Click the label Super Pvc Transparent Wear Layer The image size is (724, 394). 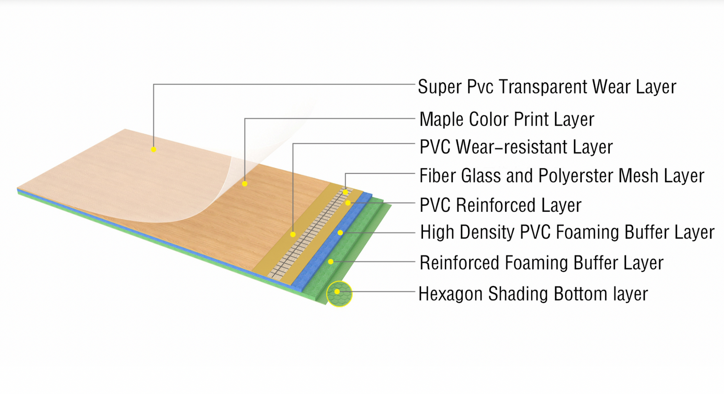[x=547, y=87]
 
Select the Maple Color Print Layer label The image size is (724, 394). [x=506, y=120]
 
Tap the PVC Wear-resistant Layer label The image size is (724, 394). [x=516, y=147]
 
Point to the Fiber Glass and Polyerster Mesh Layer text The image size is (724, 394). [x=561, y=176]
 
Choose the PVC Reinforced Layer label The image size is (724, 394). [x=500, y=206]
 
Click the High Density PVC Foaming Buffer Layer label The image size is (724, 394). [x=567, y=232]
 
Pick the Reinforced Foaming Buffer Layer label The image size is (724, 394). [x=541, y=263]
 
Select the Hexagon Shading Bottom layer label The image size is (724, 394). [x=533, y=294]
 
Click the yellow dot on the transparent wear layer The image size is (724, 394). [x=154, y=150]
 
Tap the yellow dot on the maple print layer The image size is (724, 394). [x=244, y=184]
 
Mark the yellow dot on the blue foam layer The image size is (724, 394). [x=340, y=233]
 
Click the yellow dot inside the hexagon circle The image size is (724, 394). [x=337, y=292]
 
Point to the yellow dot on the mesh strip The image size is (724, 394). [x=346, y=192]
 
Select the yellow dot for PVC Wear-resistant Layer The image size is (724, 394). [x=293, y=235]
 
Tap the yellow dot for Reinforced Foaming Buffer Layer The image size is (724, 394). [x=331, y=262]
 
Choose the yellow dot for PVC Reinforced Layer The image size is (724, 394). [x=348, y=203]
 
